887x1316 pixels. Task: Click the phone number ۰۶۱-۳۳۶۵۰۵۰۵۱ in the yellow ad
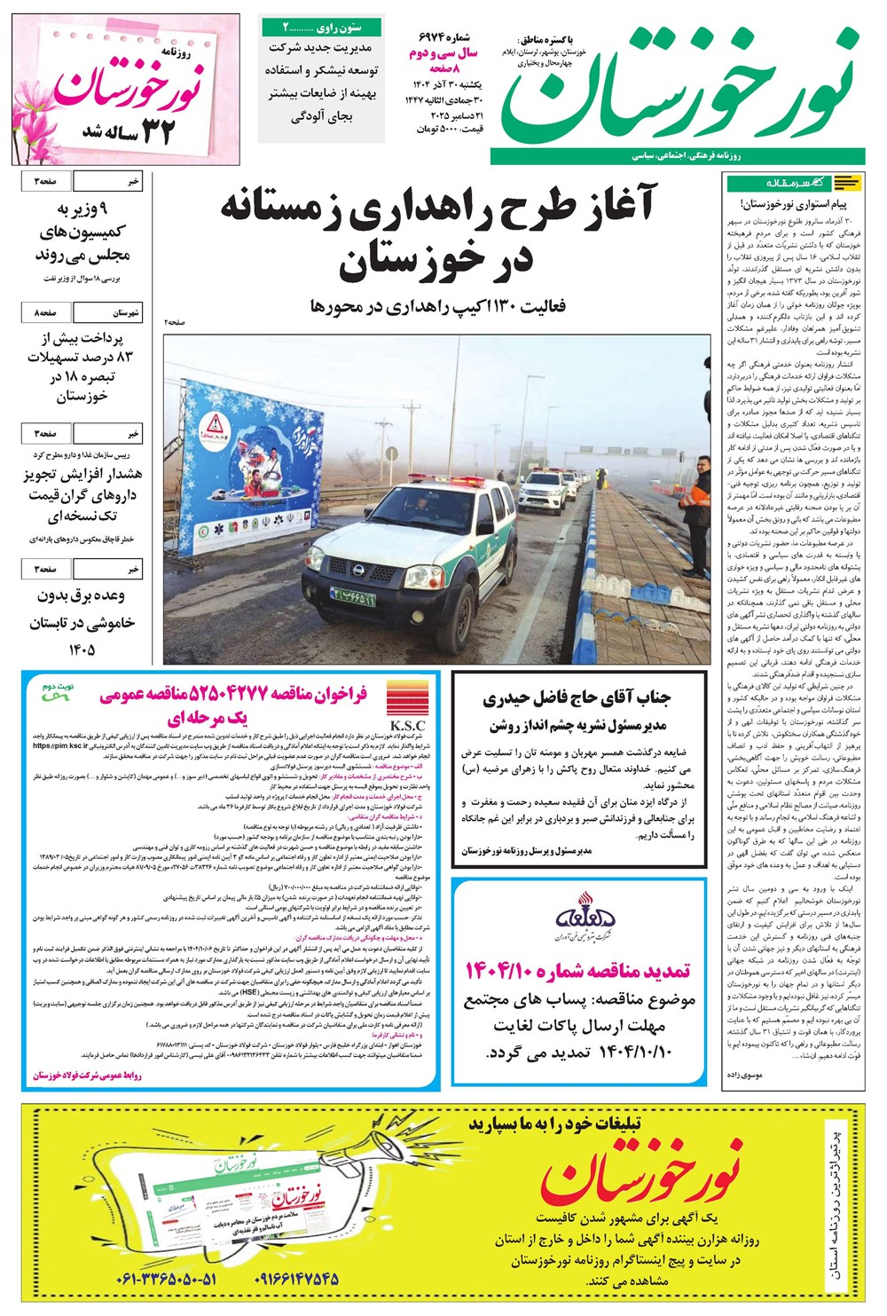tap(166, 1280)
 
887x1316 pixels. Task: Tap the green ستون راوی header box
tap(322, 27)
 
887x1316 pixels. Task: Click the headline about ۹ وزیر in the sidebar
tap(82, 232)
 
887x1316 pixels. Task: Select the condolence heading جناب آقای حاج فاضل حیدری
tap(577, 697)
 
